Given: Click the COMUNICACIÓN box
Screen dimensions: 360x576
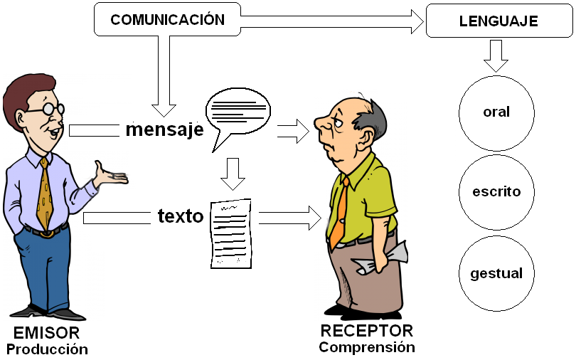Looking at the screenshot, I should point(167,19).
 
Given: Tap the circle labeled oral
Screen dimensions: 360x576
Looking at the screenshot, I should point(496,112).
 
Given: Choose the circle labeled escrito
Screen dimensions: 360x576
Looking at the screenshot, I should point(496,191).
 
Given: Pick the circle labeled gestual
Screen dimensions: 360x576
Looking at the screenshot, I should point(496,273).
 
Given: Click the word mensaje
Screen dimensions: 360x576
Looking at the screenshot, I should point(164,130).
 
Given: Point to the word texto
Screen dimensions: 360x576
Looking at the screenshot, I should point(181,216).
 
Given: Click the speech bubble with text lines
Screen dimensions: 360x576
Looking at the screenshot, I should point(238,114).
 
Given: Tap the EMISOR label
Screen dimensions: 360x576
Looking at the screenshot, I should point(47,333).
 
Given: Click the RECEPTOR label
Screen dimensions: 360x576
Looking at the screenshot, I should point(366,331).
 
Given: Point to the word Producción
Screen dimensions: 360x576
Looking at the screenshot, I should point(47,349).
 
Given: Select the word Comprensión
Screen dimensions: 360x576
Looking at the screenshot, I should point(366,347).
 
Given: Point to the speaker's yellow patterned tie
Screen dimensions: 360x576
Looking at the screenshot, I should point(45,196).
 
